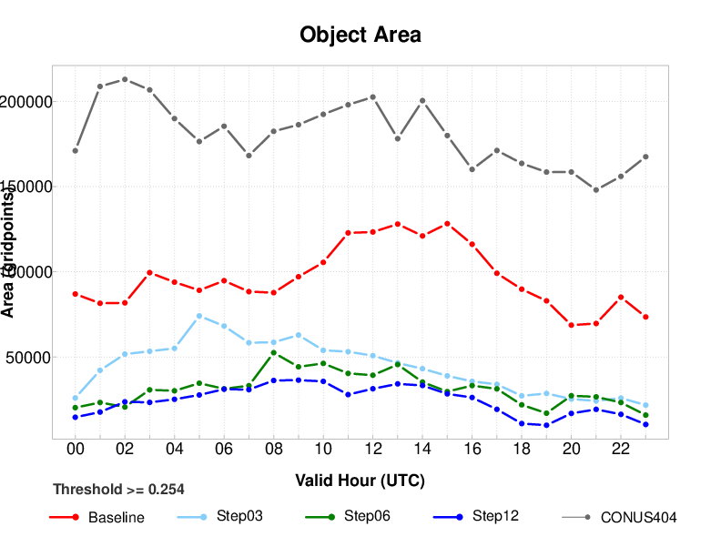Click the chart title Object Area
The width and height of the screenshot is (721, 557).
click(x=360, y=35)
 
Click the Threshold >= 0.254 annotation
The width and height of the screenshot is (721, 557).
click(x=118, y=489)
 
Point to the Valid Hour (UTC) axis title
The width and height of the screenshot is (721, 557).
click(x=360, y=480)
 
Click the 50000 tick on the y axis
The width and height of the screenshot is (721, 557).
click(x=25, y=358)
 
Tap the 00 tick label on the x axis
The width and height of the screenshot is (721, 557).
click(x=76, y=450)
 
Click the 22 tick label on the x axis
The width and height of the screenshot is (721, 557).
click(x=621, y=450)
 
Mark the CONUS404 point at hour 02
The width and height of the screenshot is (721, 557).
click(x=125, y=79)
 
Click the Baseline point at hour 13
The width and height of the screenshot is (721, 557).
click(x=398, y=224)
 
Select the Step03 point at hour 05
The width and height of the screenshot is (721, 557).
click(x=199, y=316)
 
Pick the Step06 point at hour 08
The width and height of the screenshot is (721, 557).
click(x=274, y=352)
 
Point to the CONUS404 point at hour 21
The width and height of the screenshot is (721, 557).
click(x=596, y=190)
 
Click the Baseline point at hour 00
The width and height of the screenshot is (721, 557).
click(x=76, y=294)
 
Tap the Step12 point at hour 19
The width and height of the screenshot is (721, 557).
click(x=546, y=425)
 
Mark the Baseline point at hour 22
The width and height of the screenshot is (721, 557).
click(x=621, y=298)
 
